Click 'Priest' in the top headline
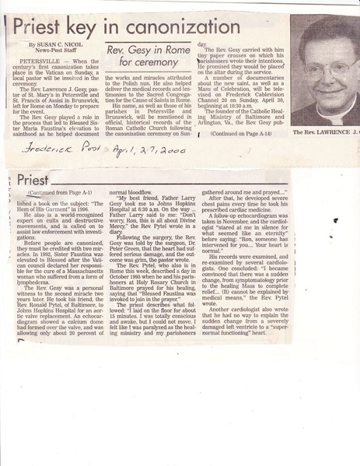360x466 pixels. (46, 30)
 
